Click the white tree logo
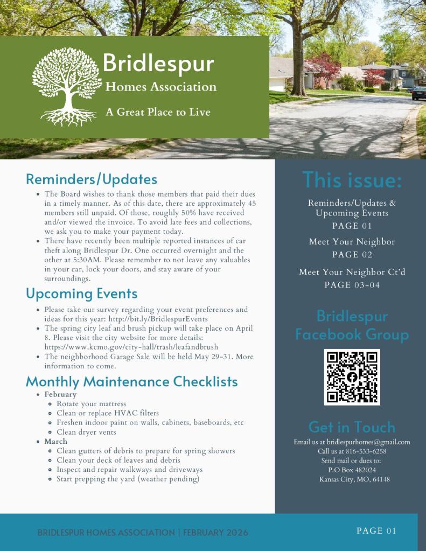click(67, 86)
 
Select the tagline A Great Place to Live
click(158, 112)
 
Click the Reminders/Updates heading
click(92, 179)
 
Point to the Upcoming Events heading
click(81, 294)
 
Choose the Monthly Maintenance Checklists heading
click(131, 382)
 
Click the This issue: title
click(352, 180)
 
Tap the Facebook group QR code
click(352, 377)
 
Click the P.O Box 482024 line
click(352, 470)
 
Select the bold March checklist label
click(56, 442)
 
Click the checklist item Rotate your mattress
click(91, 404)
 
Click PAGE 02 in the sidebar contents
click(352, 255)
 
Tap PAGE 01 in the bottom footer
click(376, 531)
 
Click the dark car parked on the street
click(419, 93)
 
